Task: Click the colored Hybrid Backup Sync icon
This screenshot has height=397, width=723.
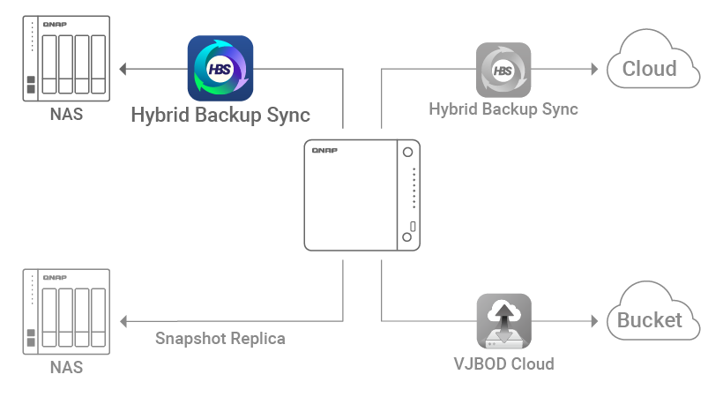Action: coord(220,67)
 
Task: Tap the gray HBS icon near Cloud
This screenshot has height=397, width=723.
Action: coord(503,70)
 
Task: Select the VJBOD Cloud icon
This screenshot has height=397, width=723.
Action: coord(503,322)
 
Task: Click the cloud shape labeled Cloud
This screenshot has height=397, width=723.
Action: coord(652,64)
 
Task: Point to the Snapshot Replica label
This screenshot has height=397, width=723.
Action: coord(220,338)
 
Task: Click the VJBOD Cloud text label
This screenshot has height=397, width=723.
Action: coord(503,363)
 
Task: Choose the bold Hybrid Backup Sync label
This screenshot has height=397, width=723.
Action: coord(220,115)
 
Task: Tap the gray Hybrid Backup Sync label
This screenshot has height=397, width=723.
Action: coord(503,109)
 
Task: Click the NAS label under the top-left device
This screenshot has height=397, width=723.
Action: coord(66,115)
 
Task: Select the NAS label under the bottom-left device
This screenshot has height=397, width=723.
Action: coord(66,367)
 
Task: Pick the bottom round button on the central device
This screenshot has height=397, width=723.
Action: coord(406,237)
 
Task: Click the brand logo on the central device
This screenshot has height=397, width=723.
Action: coord(325,151)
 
